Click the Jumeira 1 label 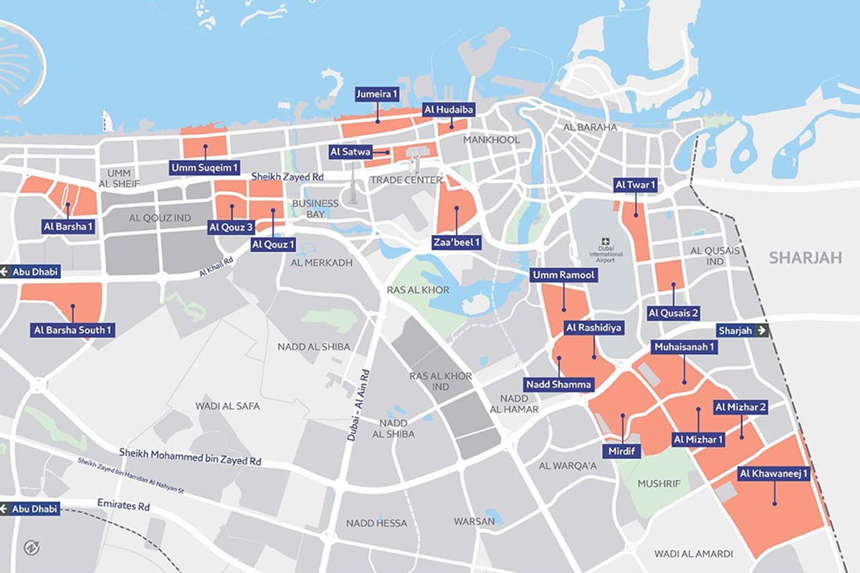click(377, 94)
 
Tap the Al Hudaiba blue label click(449, 110)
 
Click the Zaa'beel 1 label click(457, 243)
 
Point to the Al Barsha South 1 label click(72, 330)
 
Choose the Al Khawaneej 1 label click(774, 473)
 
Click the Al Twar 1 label click(636, 185)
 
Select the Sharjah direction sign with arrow click(742, 330)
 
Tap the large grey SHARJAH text click(805, 258)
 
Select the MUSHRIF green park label click(658, 483)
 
